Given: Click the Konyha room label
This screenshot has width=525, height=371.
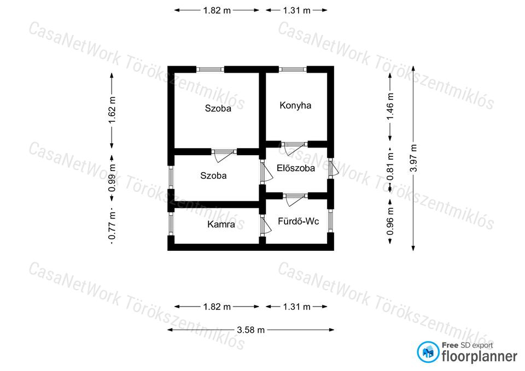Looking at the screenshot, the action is click(295, 105).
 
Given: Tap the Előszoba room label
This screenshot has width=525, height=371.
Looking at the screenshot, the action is click(296, 168).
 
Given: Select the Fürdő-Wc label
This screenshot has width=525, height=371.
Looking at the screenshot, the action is click(299, 221).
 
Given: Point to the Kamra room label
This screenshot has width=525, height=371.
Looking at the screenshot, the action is click(221, 224).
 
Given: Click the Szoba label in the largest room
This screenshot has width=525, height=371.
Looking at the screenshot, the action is click(218, 108).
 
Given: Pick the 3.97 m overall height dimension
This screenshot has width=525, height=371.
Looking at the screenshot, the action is click(414, 158).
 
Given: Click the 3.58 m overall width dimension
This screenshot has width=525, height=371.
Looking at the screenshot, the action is click(251, 330).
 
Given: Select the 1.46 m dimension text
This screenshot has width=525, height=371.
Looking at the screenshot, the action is click(390, 106).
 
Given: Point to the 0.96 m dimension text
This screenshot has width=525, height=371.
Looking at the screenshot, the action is click(390, 221).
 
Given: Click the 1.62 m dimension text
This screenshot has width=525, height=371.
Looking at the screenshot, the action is click(112, 110).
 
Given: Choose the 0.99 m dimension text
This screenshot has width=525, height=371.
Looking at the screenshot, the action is click(112, 178).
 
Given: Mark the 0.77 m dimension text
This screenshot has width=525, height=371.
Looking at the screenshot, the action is click(112, 226).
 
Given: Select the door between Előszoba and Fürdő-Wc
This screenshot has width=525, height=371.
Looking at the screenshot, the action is click(295, 198).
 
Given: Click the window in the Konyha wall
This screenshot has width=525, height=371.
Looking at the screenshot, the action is click(293, 69).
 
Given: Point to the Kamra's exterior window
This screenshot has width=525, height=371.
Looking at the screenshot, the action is click(171, 224).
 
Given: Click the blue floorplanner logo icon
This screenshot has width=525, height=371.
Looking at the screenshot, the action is click(428, 352).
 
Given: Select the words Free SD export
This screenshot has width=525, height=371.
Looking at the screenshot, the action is click(468, 345).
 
